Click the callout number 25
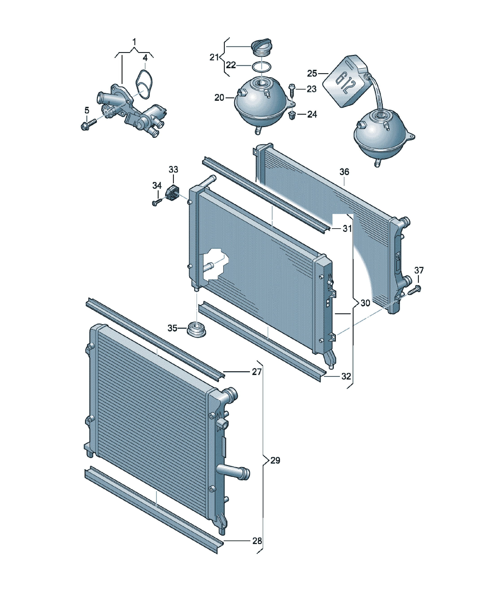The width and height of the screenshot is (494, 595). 312,73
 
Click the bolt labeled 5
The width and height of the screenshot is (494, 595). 88,124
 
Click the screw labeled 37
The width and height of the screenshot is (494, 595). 414,290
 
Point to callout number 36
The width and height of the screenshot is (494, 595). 344,172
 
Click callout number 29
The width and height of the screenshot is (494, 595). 275,460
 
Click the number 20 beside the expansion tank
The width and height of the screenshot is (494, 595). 219,98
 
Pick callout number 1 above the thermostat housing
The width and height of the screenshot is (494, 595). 134,42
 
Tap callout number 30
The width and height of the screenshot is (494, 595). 365,303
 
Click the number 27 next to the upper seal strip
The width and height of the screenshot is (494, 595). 257,371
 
